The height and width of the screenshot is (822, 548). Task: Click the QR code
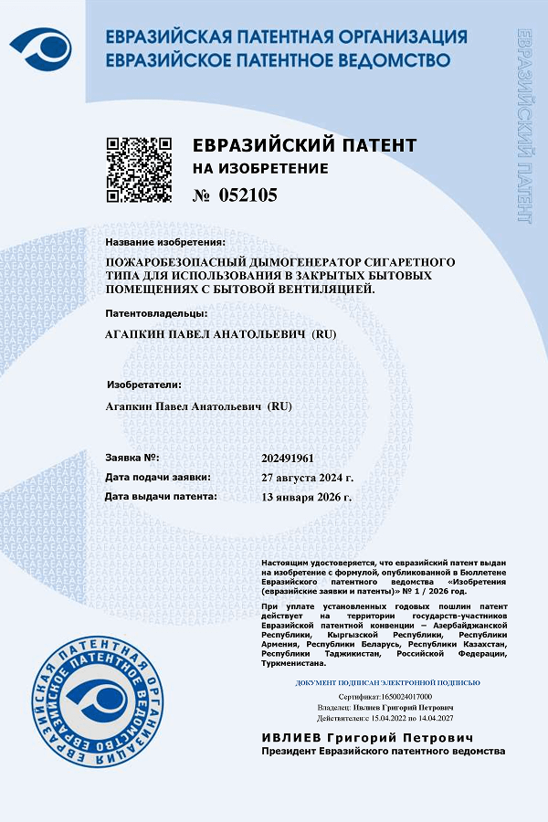coord(139,169)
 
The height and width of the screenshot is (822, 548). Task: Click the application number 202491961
coord(288,458)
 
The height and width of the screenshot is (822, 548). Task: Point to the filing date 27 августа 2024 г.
coord(307,478)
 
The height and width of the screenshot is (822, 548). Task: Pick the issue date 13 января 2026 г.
coord(306,497)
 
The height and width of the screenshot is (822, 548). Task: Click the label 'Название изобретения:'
coord(164,242)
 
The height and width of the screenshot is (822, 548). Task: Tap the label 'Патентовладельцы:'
coord(151,313)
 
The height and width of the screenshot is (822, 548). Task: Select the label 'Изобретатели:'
coord(144,385)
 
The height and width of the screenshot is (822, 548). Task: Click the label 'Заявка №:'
coord(132,457)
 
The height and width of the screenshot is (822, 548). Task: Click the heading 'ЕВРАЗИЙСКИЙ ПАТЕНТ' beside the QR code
coord(304,146)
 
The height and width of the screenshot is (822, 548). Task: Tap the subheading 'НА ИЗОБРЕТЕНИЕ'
coord(259,169)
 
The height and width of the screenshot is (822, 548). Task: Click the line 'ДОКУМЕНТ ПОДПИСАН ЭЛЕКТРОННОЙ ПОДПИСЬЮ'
coord(388,682)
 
